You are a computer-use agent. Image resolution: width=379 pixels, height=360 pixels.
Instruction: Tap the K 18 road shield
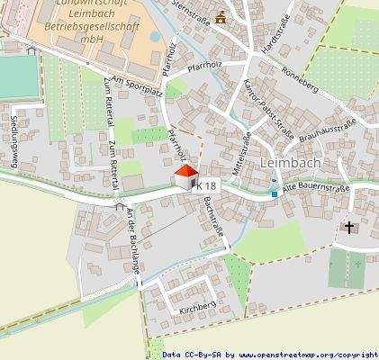click(x=206, y=184)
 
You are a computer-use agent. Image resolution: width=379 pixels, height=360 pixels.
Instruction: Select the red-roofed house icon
click(x=185, y=175)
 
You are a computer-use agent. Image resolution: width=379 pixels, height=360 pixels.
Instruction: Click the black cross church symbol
click(x=350, y=229)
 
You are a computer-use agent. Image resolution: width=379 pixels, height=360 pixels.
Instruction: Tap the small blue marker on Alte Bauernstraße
click(x=275, y=193)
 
